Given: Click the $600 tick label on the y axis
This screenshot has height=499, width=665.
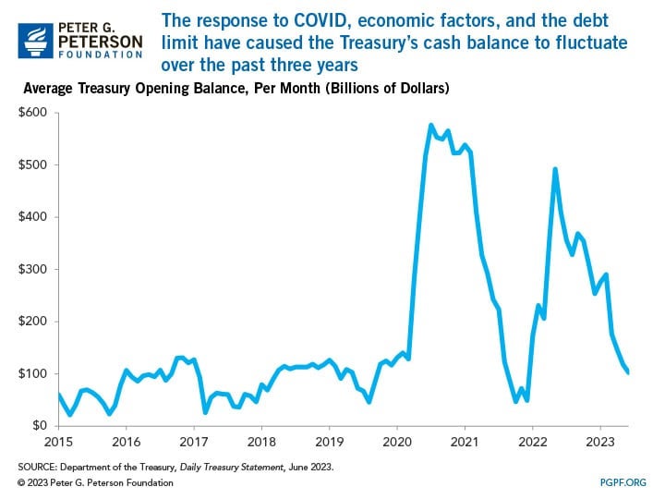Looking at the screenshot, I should tap(36, 113).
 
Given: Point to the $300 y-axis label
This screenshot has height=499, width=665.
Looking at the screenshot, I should tap(36, 269).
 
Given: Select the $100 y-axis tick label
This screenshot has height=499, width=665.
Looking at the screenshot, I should tap(36, 373).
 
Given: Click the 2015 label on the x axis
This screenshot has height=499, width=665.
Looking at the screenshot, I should tap(58, 441).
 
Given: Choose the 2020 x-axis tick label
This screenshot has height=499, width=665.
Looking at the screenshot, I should tap(396, 441).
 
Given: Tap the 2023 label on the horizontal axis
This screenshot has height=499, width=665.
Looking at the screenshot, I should tap(600, 441).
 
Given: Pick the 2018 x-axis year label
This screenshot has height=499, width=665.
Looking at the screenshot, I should tap(261, 441).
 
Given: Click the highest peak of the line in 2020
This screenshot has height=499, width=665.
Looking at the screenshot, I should tap(431, 125).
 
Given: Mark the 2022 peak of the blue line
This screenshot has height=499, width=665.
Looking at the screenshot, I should tap(555, 169).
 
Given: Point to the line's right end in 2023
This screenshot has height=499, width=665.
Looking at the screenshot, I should tap(629, 372).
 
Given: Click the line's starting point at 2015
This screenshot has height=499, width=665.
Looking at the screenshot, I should tap(58, 395).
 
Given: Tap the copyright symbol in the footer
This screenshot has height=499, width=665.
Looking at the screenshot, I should tap(22, 481).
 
